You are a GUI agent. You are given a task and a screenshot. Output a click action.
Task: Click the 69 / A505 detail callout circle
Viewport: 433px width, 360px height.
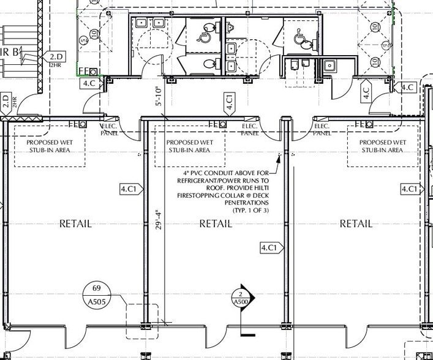[96, 294]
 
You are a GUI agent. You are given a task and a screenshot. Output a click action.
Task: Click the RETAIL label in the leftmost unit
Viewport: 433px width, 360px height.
[75, 223]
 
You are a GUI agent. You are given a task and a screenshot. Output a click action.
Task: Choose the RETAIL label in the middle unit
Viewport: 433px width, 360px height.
[216, 223]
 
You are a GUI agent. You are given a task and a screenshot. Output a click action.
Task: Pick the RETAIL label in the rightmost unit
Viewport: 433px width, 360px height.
[356, 223]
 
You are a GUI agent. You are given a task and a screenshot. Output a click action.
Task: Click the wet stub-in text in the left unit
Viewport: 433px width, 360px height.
[48, 146]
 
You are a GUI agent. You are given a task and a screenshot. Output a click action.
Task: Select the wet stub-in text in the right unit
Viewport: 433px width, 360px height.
[382, 146]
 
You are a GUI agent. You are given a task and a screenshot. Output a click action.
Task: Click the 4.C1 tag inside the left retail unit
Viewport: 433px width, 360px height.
[130, 189]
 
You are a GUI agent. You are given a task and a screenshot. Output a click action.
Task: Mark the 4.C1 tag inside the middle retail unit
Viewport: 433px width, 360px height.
[270, 247]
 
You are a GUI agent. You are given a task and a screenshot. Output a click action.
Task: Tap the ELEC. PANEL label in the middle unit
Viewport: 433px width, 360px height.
[249, 129]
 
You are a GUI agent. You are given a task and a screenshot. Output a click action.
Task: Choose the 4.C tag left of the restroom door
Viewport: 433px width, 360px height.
[89, 83]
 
